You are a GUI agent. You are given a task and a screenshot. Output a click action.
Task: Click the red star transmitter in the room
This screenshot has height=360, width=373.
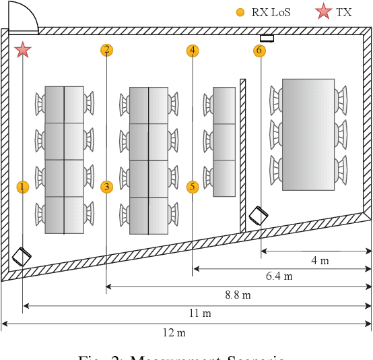coord(23,49)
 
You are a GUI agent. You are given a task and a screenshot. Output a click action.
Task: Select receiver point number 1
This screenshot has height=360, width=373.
coord(23,187)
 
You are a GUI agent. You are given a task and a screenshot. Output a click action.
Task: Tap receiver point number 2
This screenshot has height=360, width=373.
coord(106,49)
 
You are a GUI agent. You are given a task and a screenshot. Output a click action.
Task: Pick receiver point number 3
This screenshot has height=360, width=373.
coord(106,187)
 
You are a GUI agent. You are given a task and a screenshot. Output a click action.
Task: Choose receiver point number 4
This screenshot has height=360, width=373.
coord(193,50)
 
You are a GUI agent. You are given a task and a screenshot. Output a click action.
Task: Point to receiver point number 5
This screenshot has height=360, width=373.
coord(193,187)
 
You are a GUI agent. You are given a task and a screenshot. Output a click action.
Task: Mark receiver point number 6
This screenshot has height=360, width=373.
coord(260,51)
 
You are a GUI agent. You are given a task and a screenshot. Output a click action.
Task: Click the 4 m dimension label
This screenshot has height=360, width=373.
coord(319,261)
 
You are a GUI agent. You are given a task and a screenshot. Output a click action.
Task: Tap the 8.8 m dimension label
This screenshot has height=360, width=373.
coord(237,295)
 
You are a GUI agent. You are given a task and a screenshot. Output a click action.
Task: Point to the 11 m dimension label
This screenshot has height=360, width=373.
coord(200,313)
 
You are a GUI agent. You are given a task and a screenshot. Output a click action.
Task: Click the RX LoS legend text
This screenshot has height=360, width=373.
coord(271,12)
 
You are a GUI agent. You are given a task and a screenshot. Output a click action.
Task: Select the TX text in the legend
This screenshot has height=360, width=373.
coord(343,12)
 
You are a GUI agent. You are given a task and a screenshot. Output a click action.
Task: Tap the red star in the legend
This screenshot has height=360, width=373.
coord(324,11)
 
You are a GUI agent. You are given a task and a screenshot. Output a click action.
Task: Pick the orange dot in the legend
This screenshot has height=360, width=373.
coord(240,12)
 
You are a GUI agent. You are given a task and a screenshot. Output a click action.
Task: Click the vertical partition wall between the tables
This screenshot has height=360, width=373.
coord(242,155)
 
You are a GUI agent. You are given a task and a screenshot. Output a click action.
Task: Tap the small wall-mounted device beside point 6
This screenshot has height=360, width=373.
coord(267,38)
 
